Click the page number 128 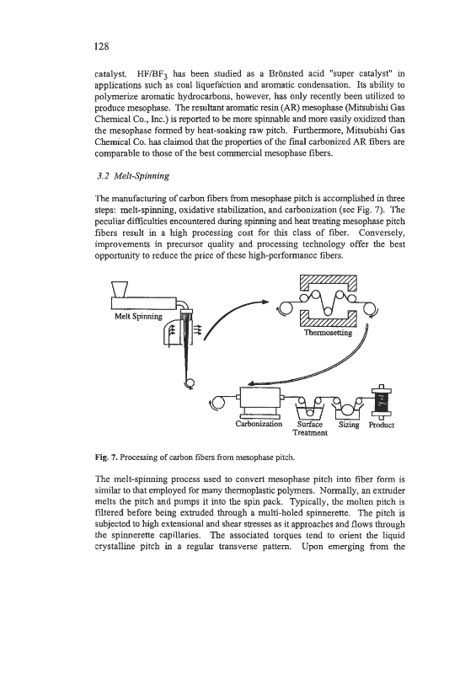click(x=101, y=46)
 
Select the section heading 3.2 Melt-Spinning click(x=132, y=176)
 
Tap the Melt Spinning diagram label click(x=138, y=317)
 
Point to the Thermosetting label click(x=328, y=332)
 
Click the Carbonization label click(x=259, y=424)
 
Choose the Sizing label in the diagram click(x=349, y=425)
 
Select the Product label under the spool click(x=382, y=425)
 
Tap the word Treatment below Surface click(x=310, y=433)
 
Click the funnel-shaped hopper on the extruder click(x=120, y=289)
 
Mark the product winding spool click(x=381, y=402)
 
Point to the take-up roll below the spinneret click(x=189, y=382)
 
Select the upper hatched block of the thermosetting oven click(x=328, y=285)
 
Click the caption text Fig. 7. click(x=106, y=457)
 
